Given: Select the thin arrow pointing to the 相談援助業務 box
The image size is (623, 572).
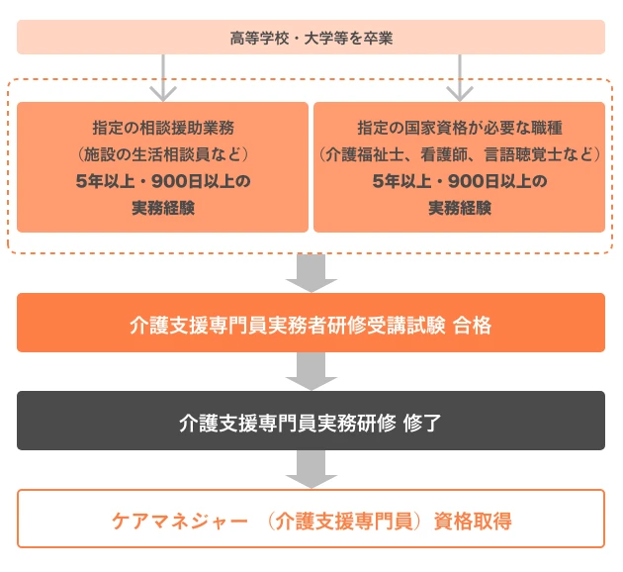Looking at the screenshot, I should [163, 78].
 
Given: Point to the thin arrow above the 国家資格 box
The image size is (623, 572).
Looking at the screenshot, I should [459, 78].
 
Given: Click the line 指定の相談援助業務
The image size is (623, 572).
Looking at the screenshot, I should [163, 129].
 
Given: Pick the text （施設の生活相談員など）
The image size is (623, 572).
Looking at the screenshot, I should [163, 154].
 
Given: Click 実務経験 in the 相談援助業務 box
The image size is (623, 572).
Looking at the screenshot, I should [163, 208].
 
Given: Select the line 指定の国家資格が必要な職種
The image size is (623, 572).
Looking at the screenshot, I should [459, 129].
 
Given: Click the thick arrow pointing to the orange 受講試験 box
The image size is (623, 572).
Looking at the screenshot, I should [311, 271].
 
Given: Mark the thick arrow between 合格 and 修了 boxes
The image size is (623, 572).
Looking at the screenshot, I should [311, 371].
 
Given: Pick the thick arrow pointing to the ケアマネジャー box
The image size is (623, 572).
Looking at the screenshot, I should [311, 468].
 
